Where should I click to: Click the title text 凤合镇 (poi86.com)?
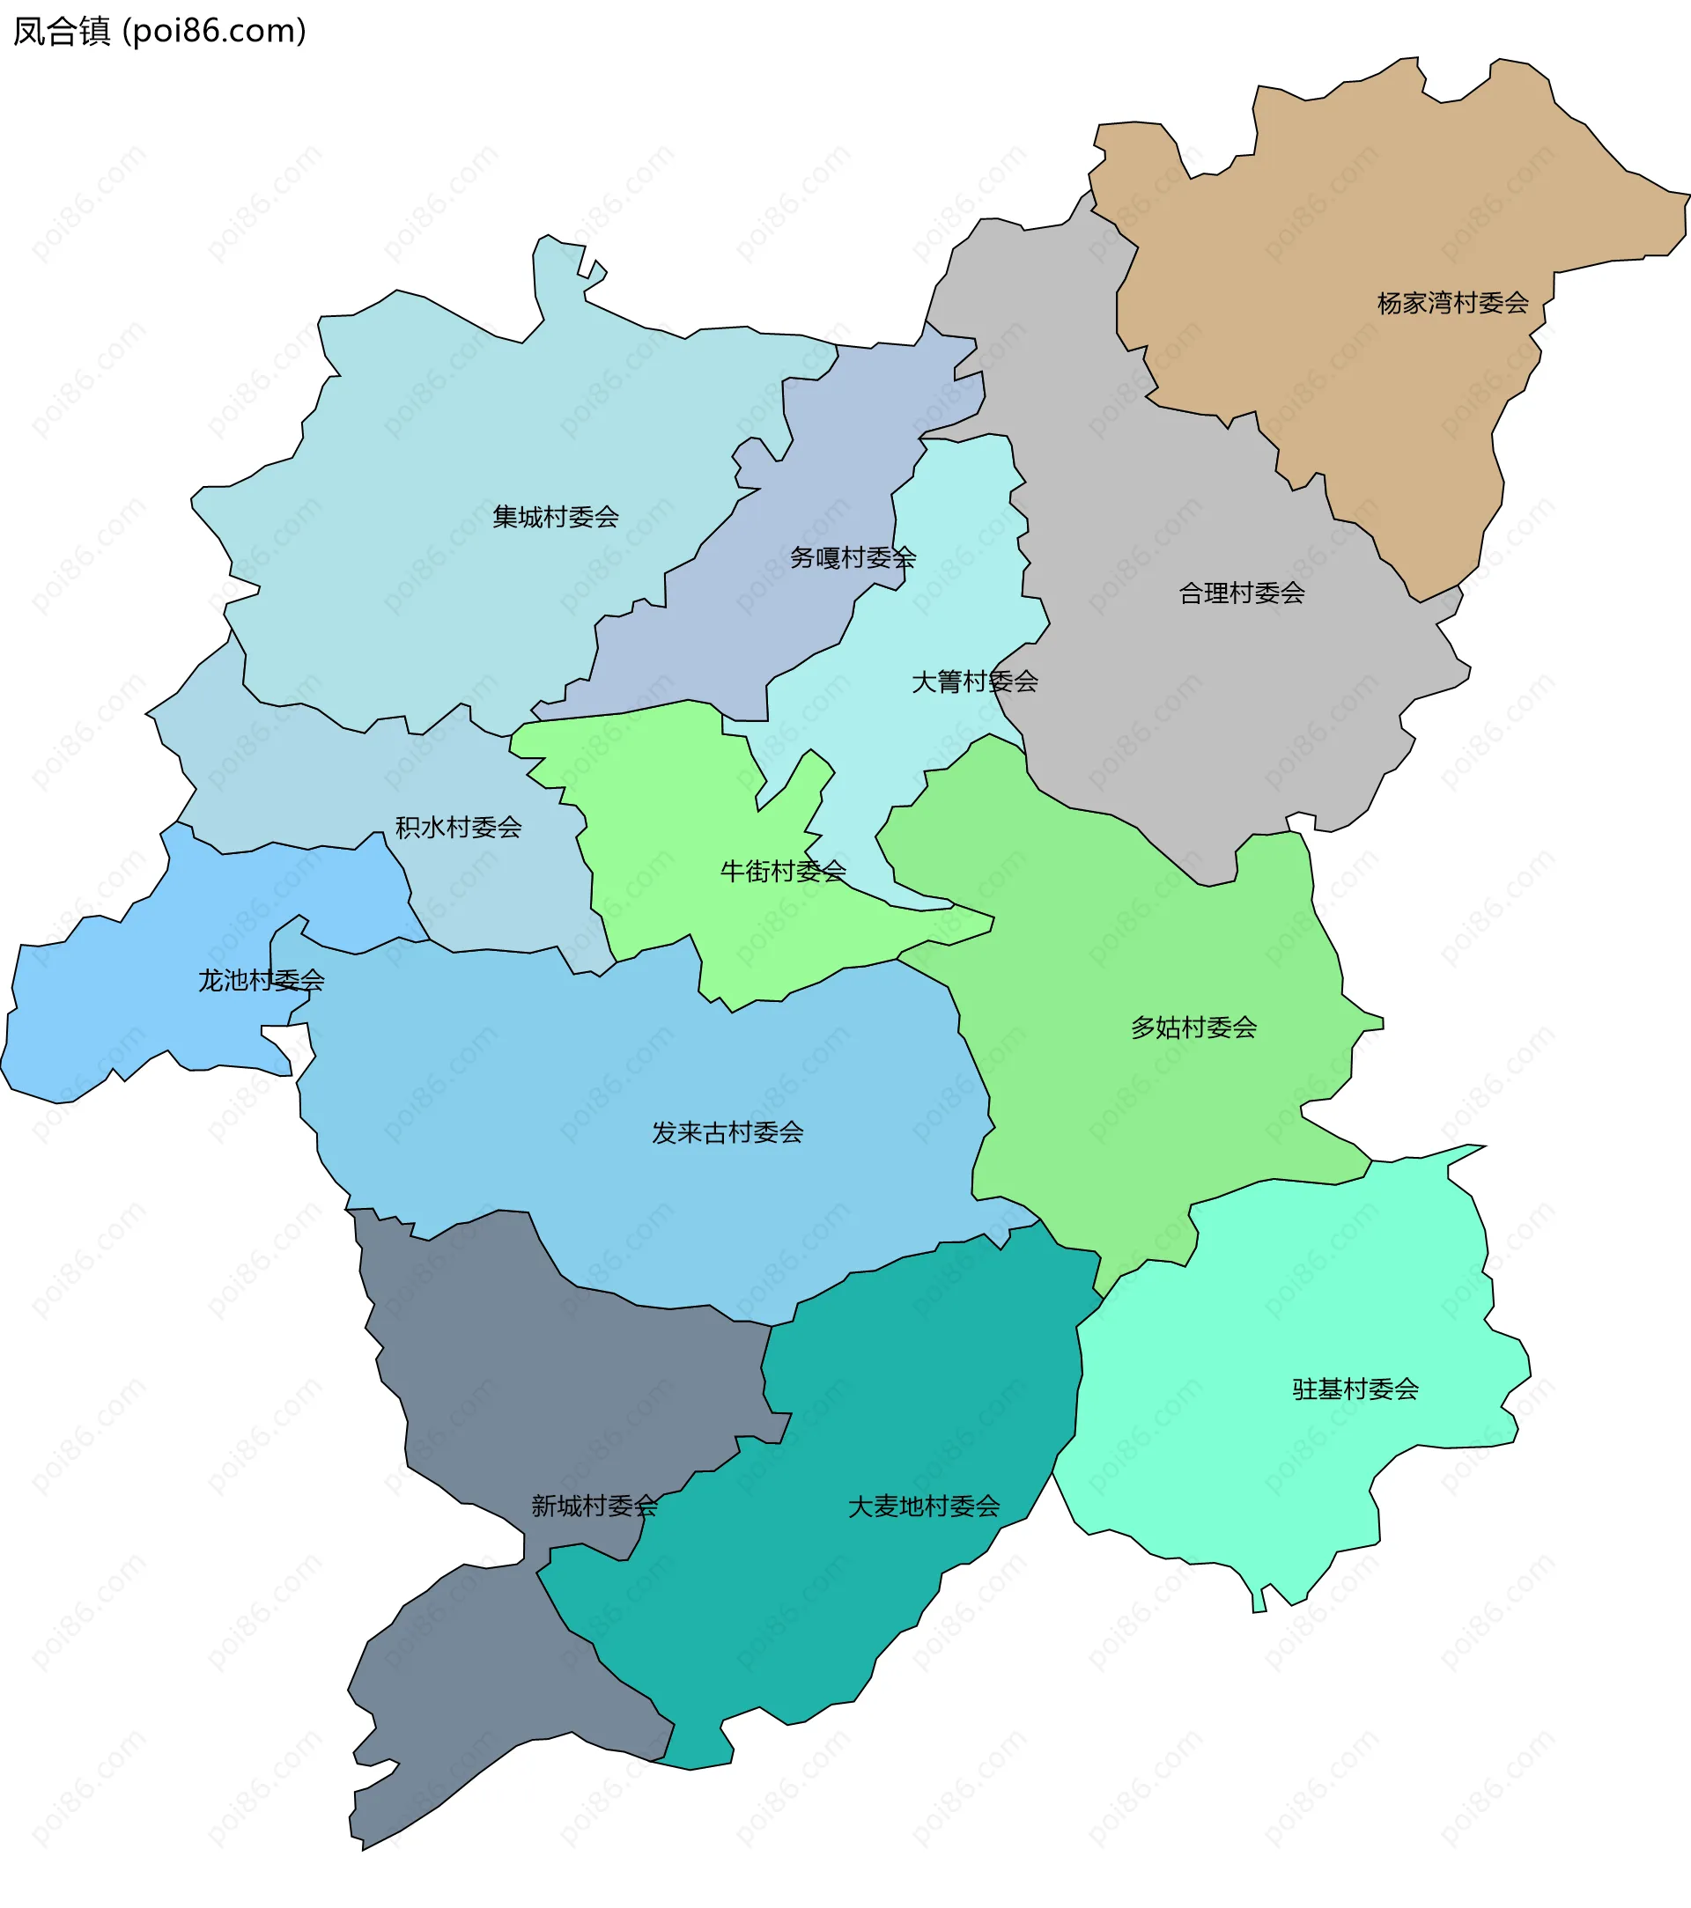[x=159, y=32]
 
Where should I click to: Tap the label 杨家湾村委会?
[x=1452, y=302]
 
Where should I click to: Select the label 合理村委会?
[x=1241, y=593]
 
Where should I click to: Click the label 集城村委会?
[x=556, y=516]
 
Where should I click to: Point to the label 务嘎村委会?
[x=852, y=557]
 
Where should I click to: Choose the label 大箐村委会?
[x=974, y=681]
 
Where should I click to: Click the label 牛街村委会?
[x=782, y=871]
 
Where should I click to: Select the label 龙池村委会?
[x=261, y=980]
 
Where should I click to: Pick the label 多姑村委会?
[x=1193, y=1028]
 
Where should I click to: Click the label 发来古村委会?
[x=727, y=1132]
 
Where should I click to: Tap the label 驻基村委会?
[x=1355, y=1389]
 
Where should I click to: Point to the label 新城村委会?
[x=594, y=1506]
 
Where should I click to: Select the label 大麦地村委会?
[x=924, y=1507]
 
